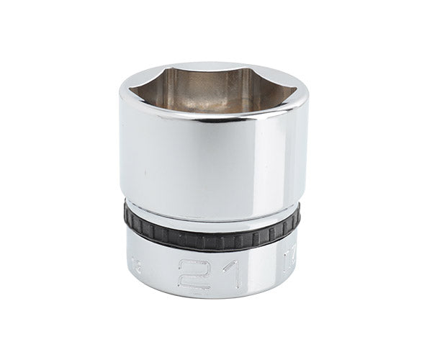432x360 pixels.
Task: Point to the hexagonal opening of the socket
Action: click(x=213, y=90)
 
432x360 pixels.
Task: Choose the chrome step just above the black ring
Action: click(x=213, y=212)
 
